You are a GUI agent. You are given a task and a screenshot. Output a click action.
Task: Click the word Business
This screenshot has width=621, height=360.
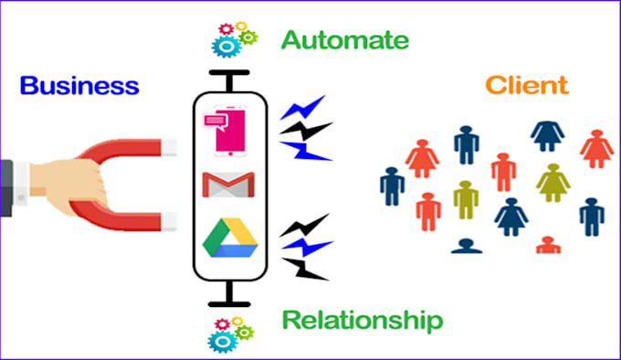click(x=79, y=88)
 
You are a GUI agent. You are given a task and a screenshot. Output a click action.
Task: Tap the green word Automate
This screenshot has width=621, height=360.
click(x=344, y=41)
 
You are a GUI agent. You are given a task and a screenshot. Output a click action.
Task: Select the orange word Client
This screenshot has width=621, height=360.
click(x=526, y=87)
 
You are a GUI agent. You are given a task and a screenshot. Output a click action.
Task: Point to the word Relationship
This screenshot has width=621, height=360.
click(x=362, y=319)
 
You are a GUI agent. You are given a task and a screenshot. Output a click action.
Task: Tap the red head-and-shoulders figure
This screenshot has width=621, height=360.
click(x=548, y=245)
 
